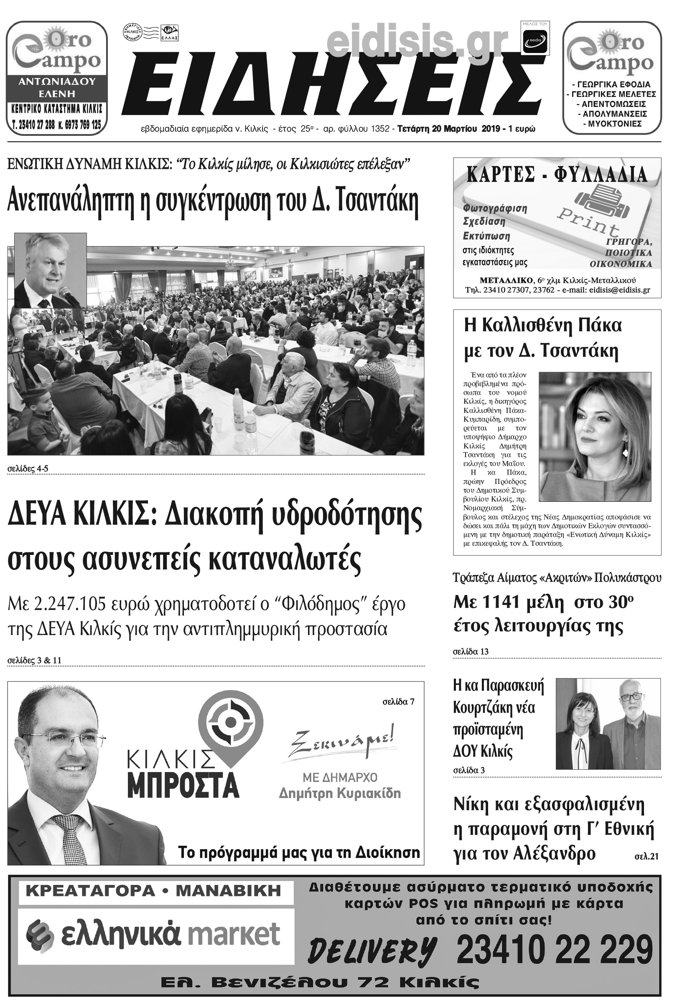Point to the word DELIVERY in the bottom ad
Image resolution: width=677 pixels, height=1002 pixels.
(371, 950)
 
